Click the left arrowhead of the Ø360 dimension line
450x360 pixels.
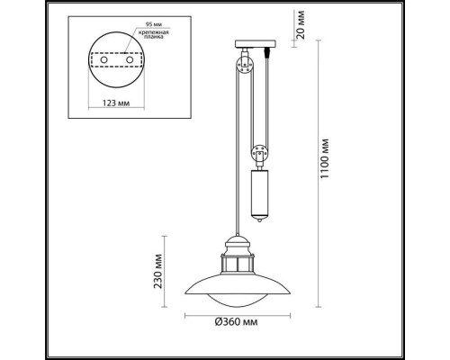187,317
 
